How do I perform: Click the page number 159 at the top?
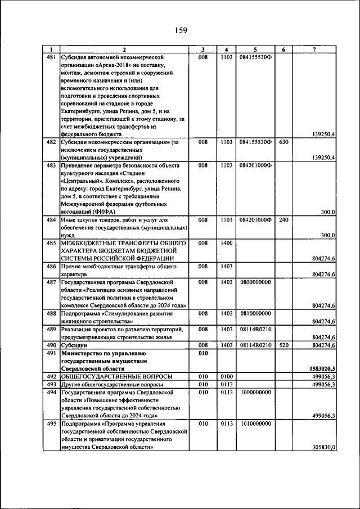tap(180, 30)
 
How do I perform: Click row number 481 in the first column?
tap(51, 57)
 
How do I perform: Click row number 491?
tap(51, 352)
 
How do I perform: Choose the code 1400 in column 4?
tap(227, 243)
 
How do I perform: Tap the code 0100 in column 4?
tap(227, 376)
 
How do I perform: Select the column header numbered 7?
tap(314, 49)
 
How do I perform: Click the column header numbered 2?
tap(124, 49)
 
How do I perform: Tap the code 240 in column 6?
tap(283, 219)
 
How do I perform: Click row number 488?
tap(51, 313)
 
